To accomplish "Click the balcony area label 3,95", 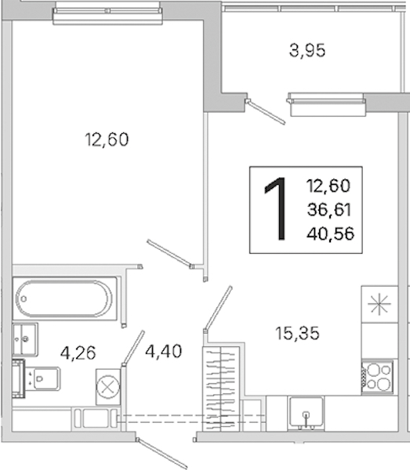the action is coord(307,51).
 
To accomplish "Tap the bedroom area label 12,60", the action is coord(107,139).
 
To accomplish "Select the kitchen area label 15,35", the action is coord(297,334).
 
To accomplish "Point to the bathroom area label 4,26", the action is coord(78,352).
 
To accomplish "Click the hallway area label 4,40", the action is coord(164,351).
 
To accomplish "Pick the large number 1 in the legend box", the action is coord(275,208).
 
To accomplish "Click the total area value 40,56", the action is coord(330,233).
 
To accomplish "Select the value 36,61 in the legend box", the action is coord(329,209).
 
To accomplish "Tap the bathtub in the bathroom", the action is coord(64,298).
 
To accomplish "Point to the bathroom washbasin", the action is coord(25,339).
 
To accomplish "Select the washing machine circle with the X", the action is coord(107,387).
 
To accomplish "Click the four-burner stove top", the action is coord(377,377).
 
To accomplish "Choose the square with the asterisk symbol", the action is coord(379,304).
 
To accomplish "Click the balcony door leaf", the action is coord(265,112).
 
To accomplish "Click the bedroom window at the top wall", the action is coord(107,16).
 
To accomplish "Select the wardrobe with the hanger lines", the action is coord(221,389).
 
